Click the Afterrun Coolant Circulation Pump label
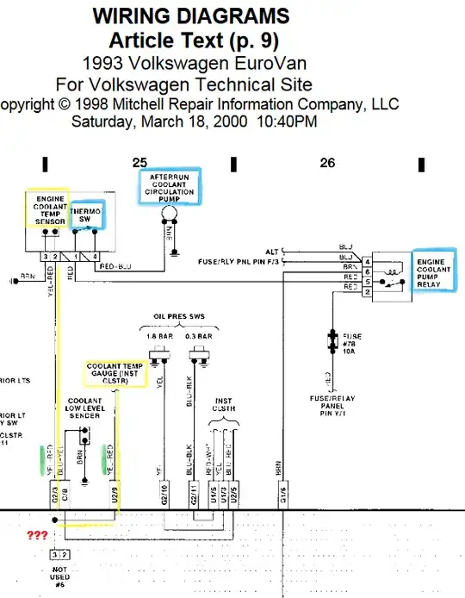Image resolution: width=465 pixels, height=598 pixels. [170, 187]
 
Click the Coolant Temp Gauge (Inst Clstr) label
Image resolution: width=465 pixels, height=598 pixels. [115, 372]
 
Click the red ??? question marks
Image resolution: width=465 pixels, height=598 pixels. [37, 534]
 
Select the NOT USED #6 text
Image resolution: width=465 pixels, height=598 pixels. [59, 577]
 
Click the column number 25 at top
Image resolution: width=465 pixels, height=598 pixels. [139, 162]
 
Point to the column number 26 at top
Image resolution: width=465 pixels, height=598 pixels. [327, 162]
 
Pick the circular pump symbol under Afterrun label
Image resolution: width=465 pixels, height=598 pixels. [170, 213]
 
